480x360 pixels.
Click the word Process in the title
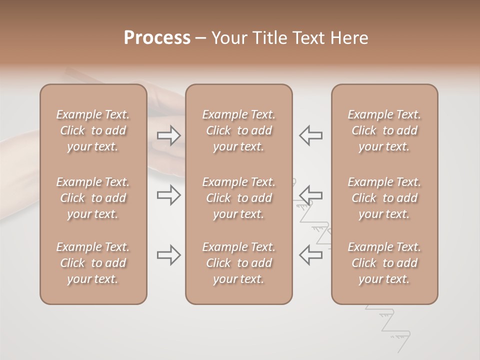[157, 38]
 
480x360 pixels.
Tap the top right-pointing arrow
[168, 135]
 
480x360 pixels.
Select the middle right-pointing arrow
[168, 195]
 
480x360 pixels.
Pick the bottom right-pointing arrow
[168, 255]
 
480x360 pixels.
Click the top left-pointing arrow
[310, 135]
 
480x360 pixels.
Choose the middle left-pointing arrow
[310, 195]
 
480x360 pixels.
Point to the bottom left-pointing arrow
[310, 255]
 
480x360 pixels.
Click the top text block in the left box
[93, 130]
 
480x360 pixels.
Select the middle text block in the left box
[93, 198]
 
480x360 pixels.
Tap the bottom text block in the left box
[93, 263]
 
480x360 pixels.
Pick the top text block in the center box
[238, 130]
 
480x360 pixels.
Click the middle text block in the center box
[238, 198]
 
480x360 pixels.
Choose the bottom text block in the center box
[238, 263]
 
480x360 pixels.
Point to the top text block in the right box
[384, 130]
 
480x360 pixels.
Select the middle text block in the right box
[384, 198]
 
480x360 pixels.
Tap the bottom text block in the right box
[384, 263]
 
